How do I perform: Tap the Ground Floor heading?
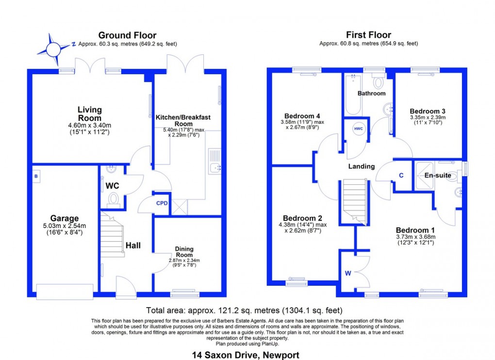point(127,35)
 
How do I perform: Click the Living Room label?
point(90,114)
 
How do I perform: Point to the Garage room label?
point(64,219)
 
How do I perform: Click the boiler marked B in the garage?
point(36,177)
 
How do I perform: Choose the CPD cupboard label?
point(162,203)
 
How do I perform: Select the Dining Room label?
point(184,252)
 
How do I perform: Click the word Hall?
point(133,246)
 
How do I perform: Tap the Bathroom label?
point(371,93)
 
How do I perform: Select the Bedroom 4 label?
point(302,116)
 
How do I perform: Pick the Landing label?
point(362,166)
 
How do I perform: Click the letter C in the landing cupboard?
point(401,175)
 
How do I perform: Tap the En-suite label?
point(438,175)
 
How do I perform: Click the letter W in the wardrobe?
point(347,273)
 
